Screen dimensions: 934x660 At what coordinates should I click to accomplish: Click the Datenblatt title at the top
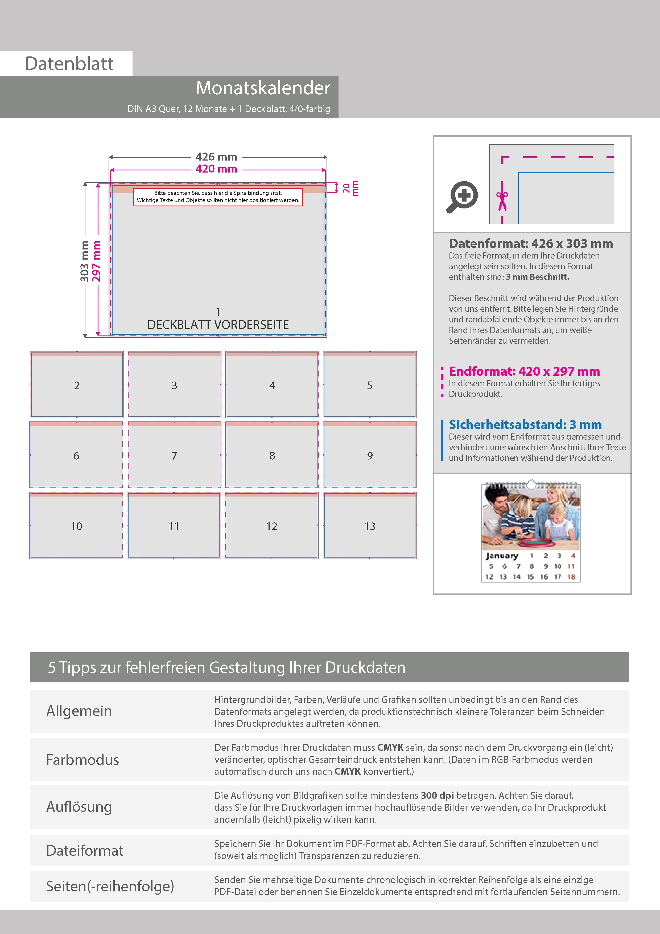69,63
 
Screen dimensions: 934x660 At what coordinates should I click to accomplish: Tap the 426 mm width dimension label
216,157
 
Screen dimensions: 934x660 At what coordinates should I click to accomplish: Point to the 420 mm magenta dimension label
216,169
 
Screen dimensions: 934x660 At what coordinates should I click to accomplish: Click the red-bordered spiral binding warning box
218,197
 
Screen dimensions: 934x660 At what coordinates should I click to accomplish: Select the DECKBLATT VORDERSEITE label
218,325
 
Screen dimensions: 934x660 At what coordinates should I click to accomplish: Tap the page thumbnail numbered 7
175,455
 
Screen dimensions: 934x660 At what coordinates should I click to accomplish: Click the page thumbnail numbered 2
77,385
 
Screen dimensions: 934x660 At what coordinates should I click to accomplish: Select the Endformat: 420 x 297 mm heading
524,371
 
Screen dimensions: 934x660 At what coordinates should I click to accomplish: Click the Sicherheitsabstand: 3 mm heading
525,425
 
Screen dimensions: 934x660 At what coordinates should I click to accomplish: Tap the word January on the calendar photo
502,556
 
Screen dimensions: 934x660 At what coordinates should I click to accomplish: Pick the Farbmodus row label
82,760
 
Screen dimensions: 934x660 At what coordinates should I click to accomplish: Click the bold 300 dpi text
437,795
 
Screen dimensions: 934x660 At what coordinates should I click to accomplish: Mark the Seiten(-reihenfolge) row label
110,886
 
